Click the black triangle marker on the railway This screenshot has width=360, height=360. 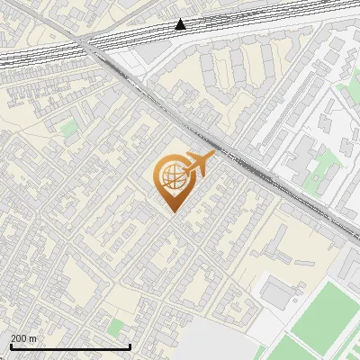point(181,24)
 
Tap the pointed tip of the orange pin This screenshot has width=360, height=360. point(171,211)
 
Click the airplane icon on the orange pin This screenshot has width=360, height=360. point(198,164)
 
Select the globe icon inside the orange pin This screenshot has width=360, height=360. point(171,177)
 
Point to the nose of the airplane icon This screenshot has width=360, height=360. point(213,157)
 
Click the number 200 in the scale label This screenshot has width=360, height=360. point(18,338)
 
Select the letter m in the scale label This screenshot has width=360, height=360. point(33,338)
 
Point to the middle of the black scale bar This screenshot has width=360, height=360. point(70,346)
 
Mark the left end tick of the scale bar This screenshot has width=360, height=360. point(11,346)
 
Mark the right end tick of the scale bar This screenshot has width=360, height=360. point(130,346)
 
